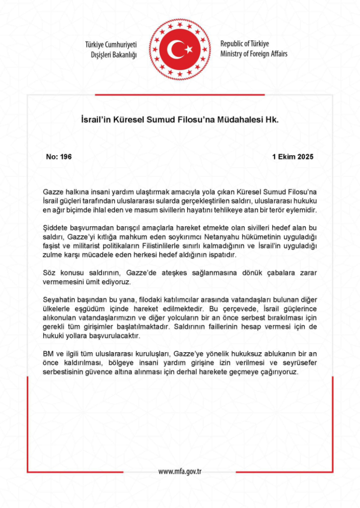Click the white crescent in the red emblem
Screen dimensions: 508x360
click(x=175, y=50)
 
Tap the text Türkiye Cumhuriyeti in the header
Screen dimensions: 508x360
click(x=111, y=45)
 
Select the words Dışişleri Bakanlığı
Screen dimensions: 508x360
click(x=114, y=55)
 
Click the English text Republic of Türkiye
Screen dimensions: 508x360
click(x=244, y=44)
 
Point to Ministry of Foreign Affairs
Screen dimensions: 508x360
click(x=254, y=54)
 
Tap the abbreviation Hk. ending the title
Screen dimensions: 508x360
click(x=273, y=120)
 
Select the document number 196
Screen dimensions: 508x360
click(x=66, y=157)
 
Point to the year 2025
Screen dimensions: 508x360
click(x=305, y=157)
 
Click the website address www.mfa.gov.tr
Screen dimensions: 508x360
click(x=180, y=472)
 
